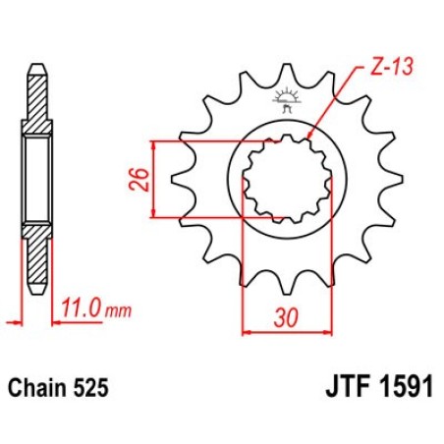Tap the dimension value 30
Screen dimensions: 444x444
pos(287,317)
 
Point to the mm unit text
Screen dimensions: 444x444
pos(118,311)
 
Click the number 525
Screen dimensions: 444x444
pos(90,388)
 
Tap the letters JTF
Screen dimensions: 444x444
pos(348,387)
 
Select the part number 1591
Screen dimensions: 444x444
pos(407,387)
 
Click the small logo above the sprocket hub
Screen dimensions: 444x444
pos(287,100)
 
